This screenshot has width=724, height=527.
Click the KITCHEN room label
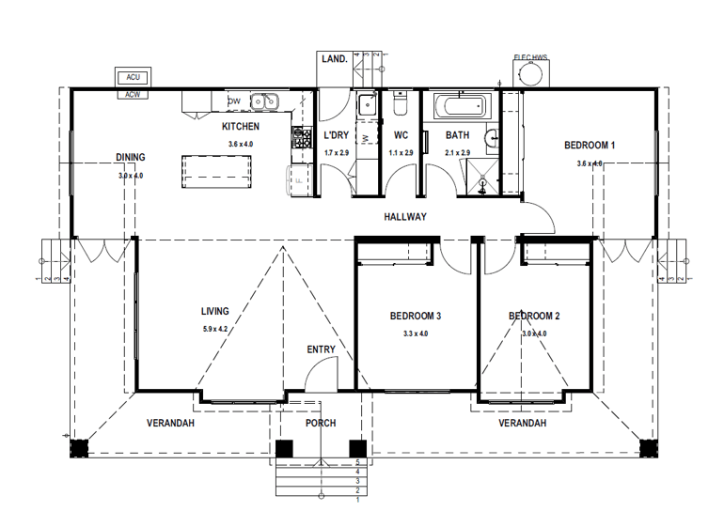[x=241, y=126]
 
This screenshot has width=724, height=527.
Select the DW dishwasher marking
[x=234, y=101]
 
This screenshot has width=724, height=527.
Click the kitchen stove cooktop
[x=303, y=139]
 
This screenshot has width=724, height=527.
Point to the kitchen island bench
[x=217, y=169]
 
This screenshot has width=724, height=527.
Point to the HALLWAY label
[x=405, y=217]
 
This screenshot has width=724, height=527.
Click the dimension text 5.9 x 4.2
[x=215, y=329]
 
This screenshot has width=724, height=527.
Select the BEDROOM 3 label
[x=416, y=316]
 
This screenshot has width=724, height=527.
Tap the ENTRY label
[x=321, y=349]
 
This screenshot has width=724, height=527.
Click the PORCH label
[x=321, y=423]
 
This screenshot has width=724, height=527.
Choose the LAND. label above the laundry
[x=335, y=58]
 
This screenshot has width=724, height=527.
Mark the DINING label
[x=131, y=158]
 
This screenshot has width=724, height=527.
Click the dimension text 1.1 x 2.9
[x=401, y=152]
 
